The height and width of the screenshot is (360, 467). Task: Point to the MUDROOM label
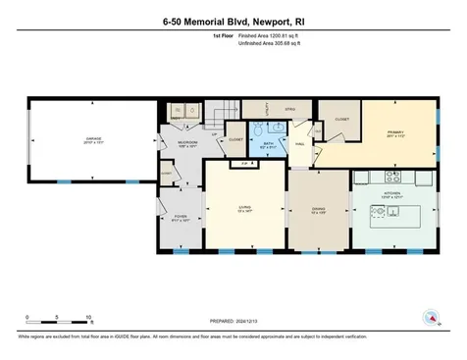pos(187,142)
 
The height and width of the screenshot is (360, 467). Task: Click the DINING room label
pos(318,208)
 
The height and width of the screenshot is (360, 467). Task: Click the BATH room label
pos(270,143)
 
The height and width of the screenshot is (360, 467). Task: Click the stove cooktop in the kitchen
pos(395,180)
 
